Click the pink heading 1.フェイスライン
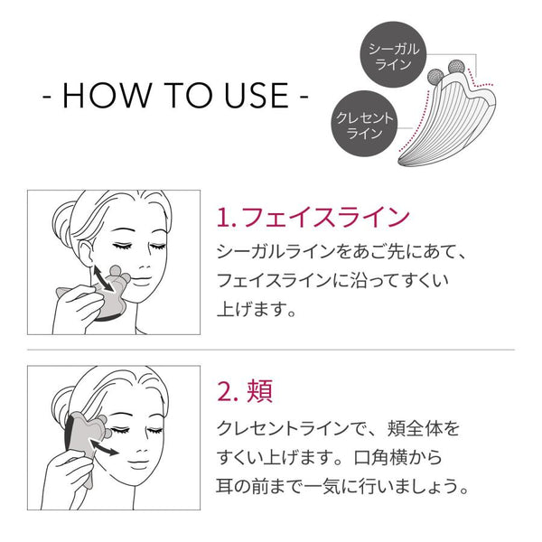point(313,217)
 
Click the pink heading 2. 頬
point(245,392)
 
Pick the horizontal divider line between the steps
point(271,349)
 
